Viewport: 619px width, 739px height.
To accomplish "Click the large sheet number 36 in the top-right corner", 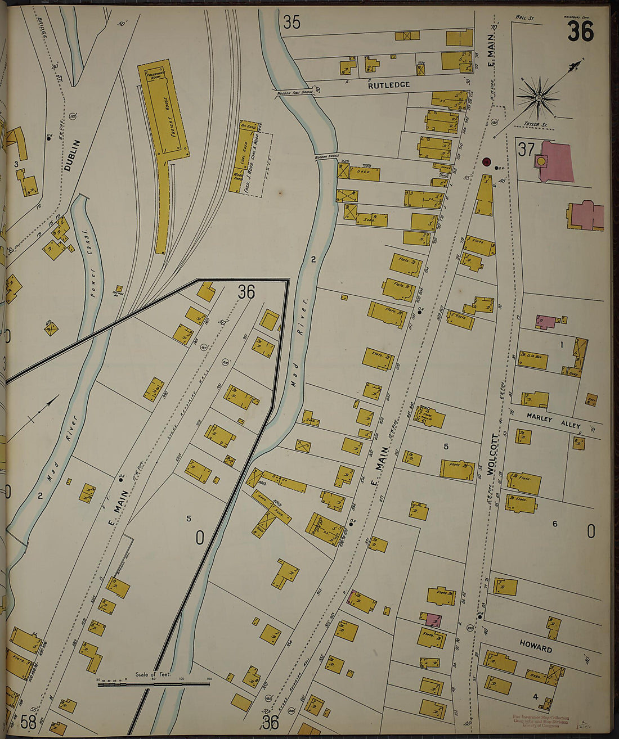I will [580, 31].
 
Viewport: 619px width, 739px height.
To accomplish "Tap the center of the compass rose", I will [539, 98].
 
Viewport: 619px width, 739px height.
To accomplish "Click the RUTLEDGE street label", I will [388, 85].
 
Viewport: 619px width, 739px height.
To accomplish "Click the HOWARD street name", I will [536, 647].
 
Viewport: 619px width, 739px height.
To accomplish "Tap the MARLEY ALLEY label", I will [554, 421].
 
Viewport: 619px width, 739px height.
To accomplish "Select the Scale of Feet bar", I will [154, 684].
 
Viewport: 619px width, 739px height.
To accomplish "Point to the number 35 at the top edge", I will [291, 22].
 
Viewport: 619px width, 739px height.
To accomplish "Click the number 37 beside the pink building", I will [526, 150].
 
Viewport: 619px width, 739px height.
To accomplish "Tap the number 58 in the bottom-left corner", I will [28, 721].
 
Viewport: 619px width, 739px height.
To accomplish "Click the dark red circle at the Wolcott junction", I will [487, 162].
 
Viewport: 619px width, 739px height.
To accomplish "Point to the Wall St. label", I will [525, 19].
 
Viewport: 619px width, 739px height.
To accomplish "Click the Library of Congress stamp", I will [540, 722].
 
